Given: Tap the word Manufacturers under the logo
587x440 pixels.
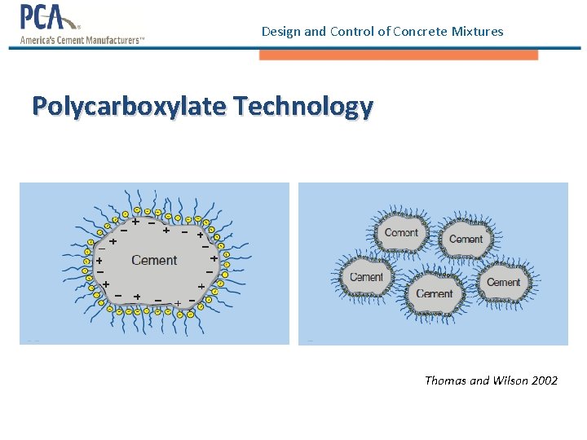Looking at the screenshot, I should pos(108,39).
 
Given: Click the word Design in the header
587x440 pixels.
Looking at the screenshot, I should pos(280,32).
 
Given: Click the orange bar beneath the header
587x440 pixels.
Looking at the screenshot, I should pos(399,55).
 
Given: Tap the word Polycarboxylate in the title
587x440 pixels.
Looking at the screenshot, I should pos(130,106).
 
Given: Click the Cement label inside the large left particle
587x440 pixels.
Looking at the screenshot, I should pos(154,261).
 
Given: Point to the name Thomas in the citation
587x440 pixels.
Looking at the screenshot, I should pos(446,381).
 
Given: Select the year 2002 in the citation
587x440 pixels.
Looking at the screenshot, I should pos(544,381).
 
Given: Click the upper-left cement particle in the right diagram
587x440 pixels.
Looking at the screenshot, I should pos(401,232).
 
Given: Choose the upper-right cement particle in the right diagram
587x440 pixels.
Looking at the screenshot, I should pos(466,238).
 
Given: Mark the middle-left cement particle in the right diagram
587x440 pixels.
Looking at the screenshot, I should pos(367,277).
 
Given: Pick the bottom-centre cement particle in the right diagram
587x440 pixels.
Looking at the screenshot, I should pos(434,293).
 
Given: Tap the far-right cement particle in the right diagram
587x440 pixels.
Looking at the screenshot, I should pos(503,282).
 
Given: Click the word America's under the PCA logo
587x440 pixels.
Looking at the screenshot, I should pos(42,39).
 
